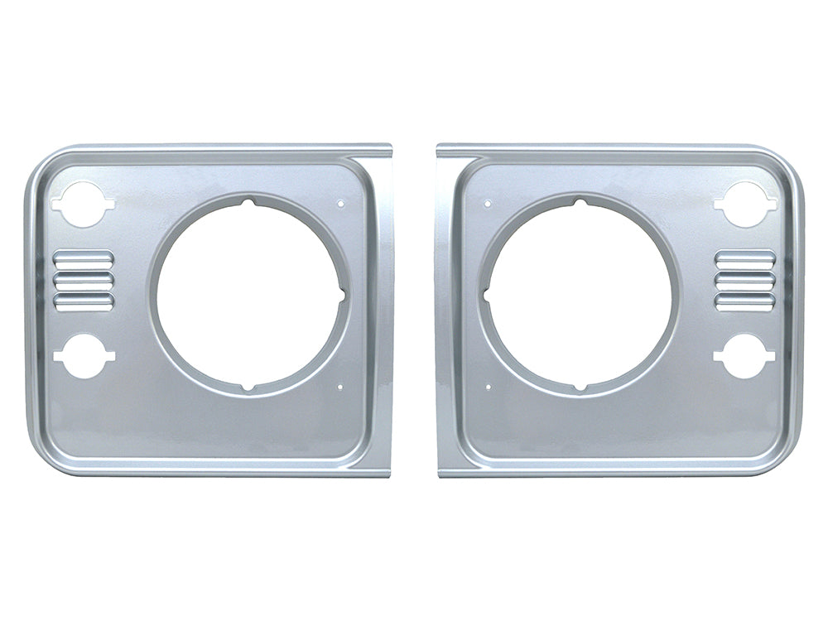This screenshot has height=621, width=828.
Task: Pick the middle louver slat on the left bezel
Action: click(x=83, y=279)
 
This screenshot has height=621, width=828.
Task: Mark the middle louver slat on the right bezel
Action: click(x=745, y=279)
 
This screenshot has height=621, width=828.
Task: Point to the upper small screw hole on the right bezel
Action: click(x=489, y=201)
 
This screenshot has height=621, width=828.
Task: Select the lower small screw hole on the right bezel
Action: click(x=489, y=386)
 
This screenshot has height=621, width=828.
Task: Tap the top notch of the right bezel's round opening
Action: click(x=580, y=201)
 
